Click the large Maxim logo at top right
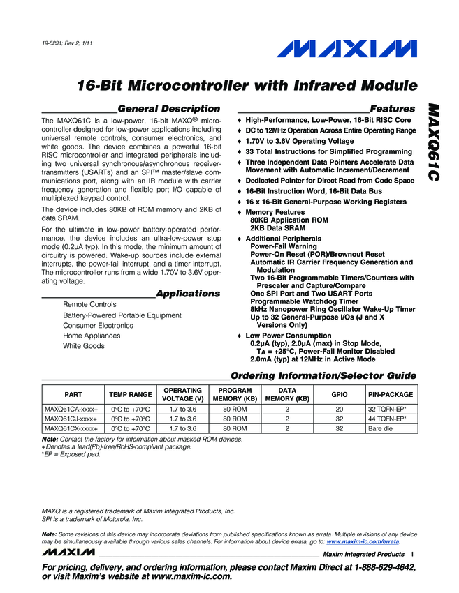click(x=348, y=50)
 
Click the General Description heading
click(x=169, y=109)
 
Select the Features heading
click(x=392, y=109)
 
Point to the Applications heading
click(x=188, y=294)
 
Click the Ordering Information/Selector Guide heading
click(x=323, y=375)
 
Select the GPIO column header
click(x=340, y=394)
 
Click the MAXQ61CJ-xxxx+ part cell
click(x=71, y=419)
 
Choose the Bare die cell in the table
click(x=381, y=428)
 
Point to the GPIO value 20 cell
click(x=340, y=409)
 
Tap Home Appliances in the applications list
click(x=92, y=336)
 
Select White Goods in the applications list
click(x=84, y=346)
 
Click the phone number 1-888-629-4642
click(x=377, y=568)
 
